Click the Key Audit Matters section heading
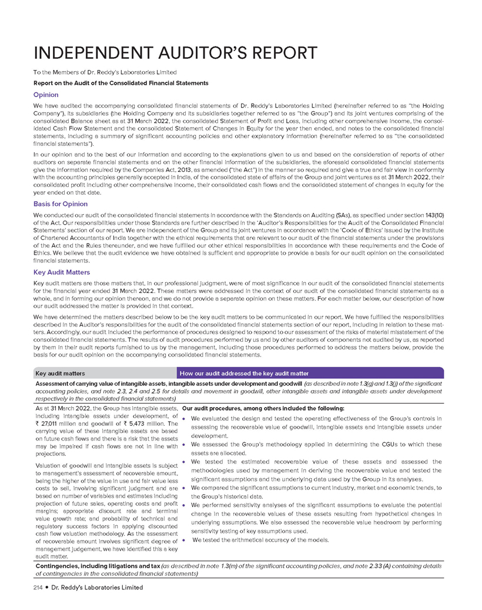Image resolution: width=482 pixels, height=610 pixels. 62,273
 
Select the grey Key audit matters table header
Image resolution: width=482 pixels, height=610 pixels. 61,374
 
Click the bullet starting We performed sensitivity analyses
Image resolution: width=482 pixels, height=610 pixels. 315,505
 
